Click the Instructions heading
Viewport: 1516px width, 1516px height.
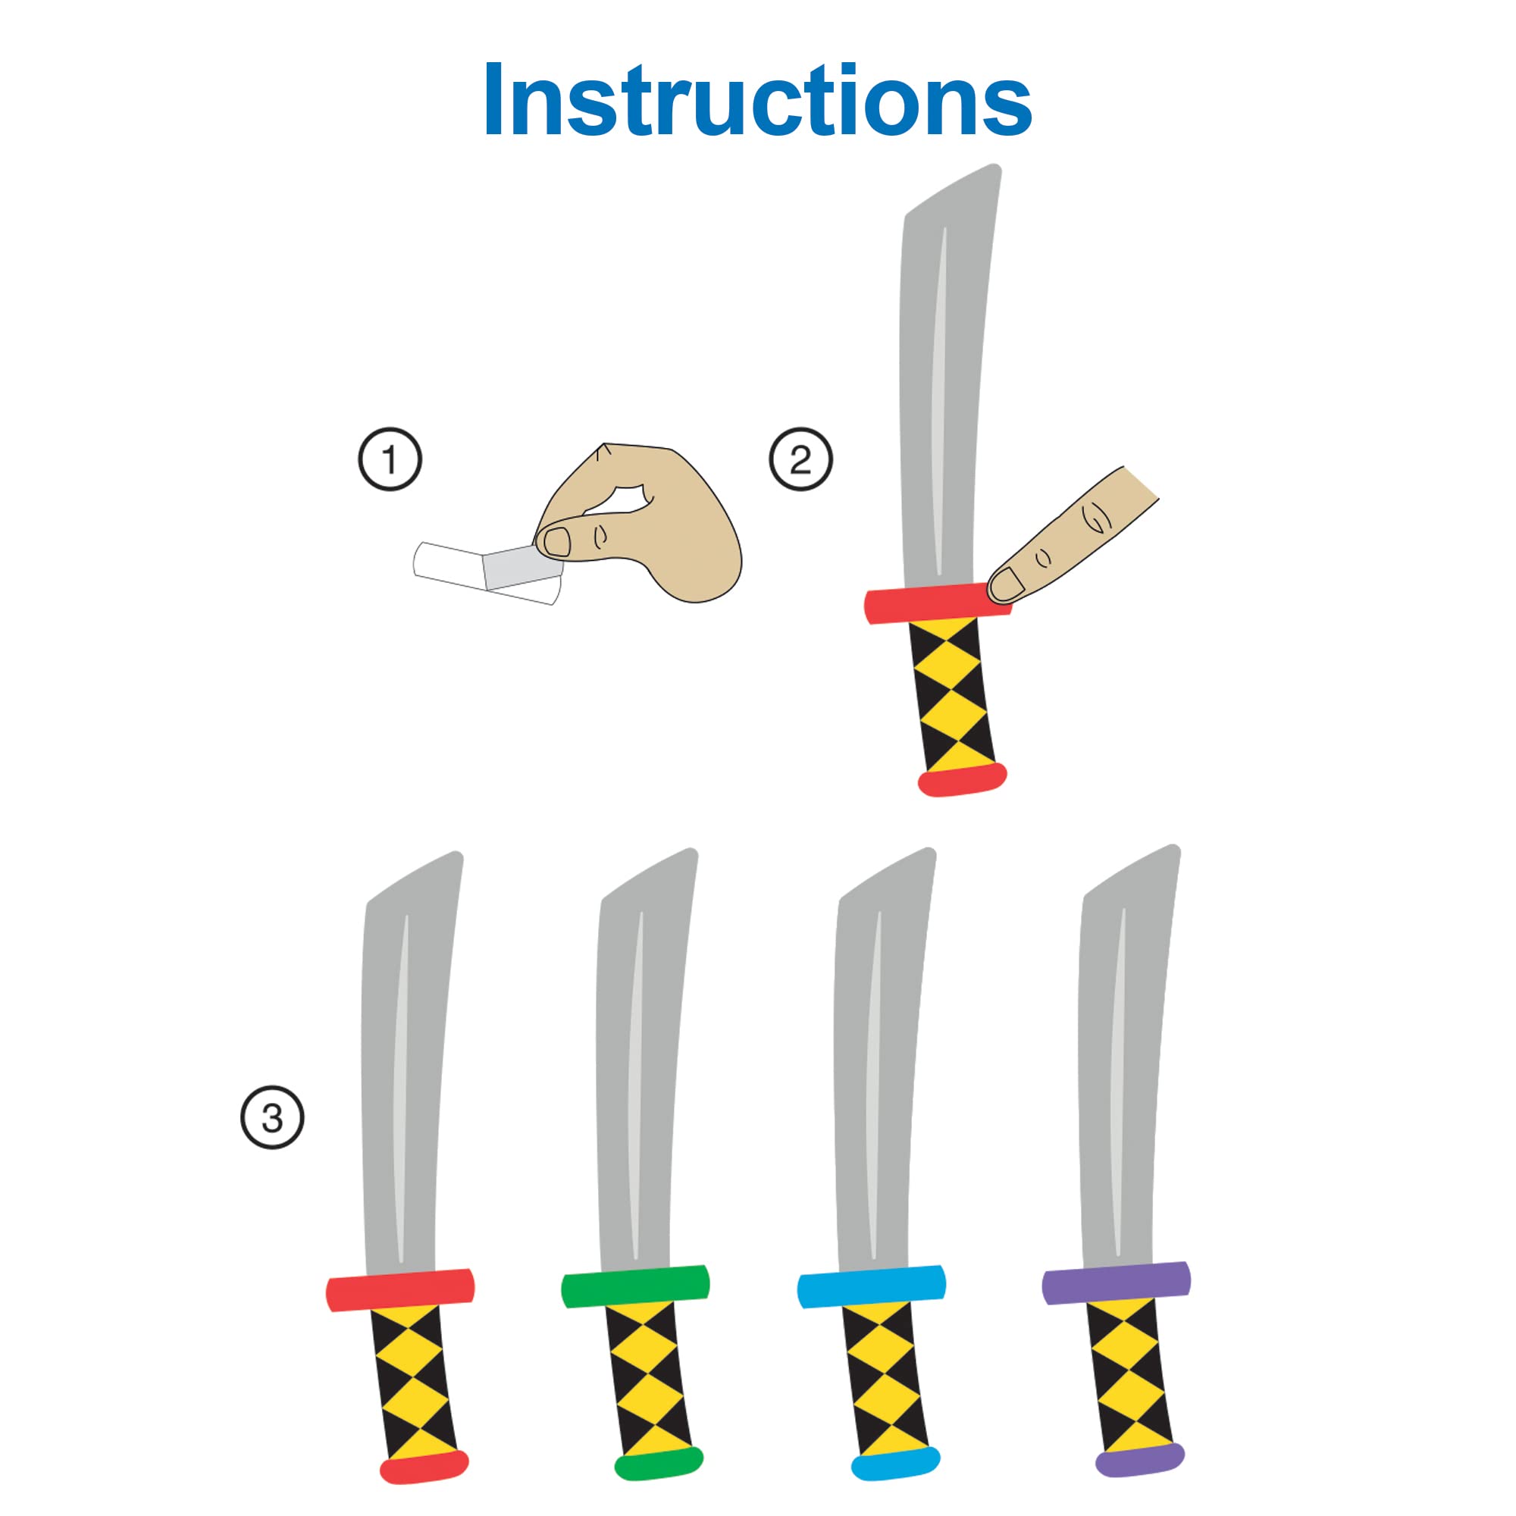[x=758, y=101]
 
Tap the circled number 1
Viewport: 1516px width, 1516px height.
[x=390, y=459]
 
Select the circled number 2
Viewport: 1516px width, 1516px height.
[x=800, y=459]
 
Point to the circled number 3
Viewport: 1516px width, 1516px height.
[x=271, y=1117]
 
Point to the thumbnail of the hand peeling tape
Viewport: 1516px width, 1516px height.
[x=557, y=541]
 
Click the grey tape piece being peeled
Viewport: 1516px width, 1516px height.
[x=522, y=566]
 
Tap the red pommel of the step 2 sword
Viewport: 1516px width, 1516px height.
[x=962, y=778]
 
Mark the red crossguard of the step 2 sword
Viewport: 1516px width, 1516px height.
[x=937, y=603]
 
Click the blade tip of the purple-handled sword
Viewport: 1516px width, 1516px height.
[x=1174, y=848]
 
